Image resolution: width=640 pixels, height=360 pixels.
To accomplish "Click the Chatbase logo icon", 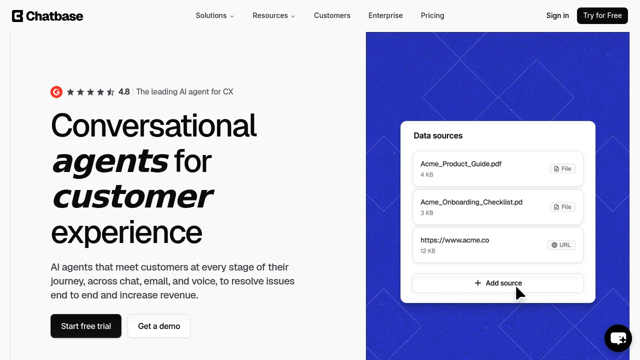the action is [17, 16].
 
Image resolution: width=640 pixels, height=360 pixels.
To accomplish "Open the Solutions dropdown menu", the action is [215, 15].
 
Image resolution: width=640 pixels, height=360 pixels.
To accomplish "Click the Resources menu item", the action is [273, 15].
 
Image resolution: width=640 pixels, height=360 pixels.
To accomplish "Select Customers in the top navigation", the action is [332, 15].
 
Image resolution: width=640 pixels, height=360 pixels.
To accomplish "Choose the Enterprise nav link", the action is [385, 15].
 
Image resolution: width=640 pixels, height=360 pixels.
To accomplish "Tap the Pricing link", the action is [432, 15].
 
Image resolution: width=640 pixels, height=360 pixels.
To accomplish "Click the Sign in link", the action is [557, 15].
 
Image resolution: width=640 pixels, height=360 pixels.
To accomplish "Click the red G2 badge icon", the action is [56, 92].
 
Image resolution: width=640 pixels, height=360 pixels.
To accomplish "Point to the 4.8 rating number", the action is [124, 91].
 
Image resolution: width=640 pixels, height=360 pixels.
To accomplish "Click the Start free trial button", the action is [86, 326].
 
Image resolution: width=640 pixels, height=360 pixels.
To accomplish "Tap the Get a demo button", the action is [159, 326].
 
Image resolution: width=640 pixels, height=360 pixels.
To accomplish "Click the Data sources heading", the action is [438, 135].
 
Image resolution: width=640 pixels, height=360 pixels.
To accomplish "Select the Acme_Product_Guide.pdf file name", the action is [461, 164].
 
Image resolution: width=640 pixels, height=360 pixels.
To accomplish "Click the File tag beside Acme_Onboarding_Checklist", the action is [562, 207].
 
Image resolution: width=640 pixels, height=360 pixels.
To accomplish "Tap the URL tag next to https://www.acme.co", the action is [561, 245].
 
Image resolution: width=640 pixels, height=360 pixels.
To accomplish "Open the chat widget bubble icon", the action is [618, 338].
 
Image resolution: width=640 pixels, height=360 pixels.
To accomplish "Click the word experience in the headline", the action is [126, 232].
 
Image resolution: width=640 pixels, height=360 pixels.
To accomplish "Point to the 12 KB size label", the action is [427, 251].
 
